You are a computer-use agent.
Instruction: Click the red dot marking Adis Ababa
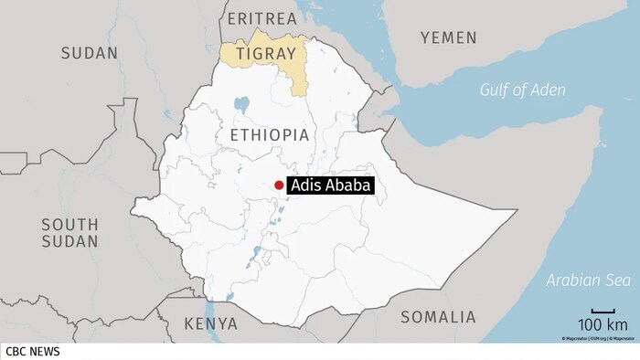[279, 185]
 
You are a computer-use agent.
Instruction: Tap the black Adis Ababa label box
[331, 185]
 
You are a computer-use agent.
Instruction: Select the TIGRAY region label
[264, 53]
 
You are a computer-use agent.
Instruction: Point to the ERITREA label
[261, 18]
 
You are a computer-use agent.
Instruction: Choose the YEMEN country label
[448, 37]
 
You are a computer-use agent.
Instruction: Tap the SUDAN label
[90, 53]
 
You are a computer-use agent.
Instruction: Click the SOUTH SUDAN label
[69, 232]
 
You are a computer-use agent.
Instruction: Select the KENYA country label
[210, 323]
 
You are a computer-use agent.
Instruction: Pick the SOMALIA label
[438, 317]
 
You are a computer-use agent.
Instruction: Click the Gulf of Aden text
[524, 90]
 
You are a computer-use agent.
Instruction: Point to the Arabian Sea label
[584, 280]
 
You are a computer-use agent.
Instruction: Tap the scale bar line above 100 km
[602, 312]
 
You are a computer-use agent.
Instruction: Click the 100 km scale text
[602, 325]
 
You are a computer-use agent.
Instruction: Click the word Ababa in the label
[348, 185]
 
